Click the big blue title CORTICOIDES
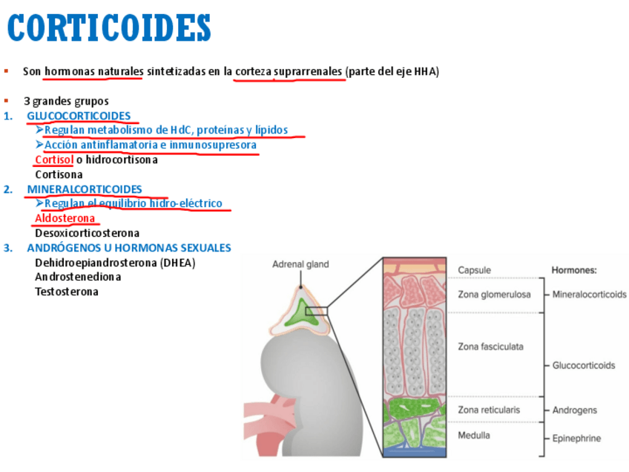(109, 29)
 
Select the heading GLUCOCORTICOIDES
(79, 115)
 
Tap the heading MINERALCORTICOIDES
(85, 189)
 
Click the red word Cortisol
(54, 160)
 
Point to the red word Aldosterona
(65, 218)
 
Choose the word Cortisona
(59, 174)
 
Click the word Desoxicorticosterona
(87, 233)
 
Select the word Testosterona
(67, 292)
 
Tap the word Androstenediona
(78, 277)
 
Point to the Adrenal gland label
(300, 264)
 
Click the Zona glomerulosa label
(494, 295)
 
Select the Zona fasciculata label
(491, 346)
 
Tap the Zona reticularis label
(489, 410)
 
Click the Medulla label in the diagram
(474, 435)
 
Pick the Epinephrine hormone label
(577, 439)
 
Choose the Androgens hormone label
(575, 410)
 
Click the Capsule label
(474, 270)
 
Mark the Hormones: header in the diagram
(574, 270)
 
